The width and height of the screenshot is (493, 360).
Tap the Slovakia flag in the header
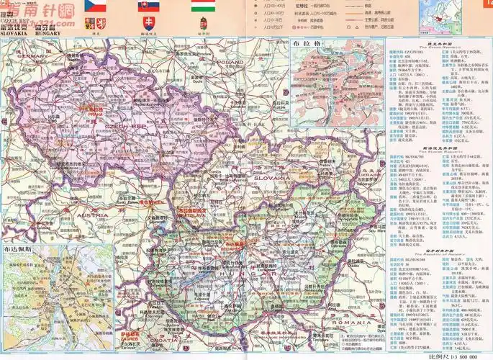point(149,7)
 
